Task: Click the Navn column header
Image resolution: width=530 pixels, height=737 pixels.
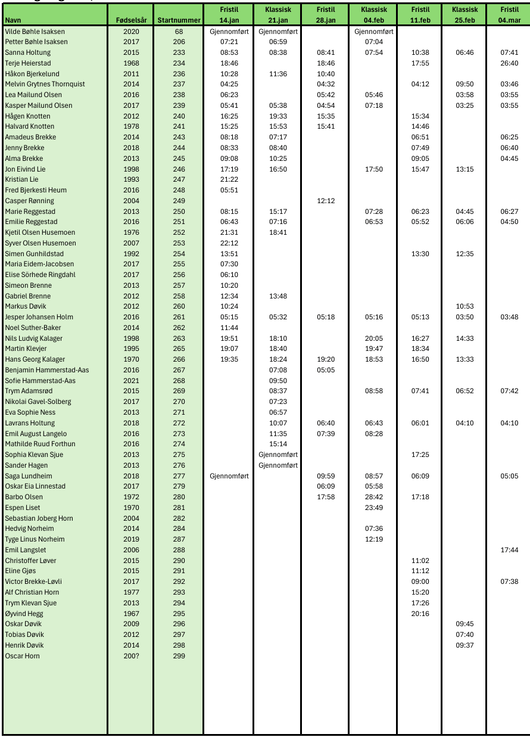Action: (13, 20)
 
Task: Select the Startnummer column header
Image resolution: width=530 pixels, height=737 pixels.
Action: (179, 20)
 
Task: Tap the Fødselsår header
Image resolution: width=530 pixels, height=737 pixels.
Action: (131, 20)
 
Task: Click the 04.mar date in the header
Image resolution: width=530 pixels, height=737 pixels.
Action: (509, 20)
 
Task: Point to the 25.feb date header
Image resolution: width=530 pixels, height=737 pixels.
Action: (464, 20)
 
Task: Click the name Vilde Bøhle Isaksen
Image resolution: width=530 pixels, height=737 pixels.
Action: (35, 31)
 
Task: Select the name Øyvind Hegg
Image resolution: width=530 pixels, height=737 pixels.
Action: (24, 614)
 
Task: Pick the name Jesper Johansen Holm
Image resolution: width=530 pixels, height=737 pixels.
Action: (39, 317)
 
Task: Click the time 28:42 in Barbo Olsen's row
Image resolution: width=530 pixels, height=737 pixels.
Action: (374, 497)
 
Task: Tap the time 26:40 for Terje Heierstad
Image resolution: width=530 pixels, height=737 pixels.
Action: (509, 63)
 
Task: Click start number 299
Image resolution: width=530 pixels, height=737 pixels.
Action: (179, 656)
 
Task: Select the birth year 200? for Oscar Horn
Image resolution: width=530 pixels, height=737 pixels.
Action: (131, 656)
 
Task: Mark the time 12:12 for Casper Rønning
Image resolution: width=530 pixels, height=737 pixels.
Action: (326, 201)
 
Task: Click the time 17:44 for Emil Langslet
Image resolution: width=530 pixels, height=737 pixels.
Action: (509, 550)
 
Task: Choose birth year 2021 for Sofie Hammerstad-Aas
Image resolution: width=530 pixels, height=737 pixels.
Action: (131, 381)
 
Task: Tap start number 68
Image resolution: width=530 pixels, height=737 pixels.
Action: (179, 31)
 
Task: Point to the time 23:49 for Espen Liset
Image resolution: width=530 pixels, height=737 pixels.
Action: (374, 508)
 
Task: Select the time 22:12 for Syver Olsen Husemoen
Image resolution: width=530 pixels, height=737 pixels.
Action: (229, 243)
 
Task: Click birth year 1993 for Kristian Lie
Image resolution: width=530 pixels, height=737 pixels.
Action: (131, 179)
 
